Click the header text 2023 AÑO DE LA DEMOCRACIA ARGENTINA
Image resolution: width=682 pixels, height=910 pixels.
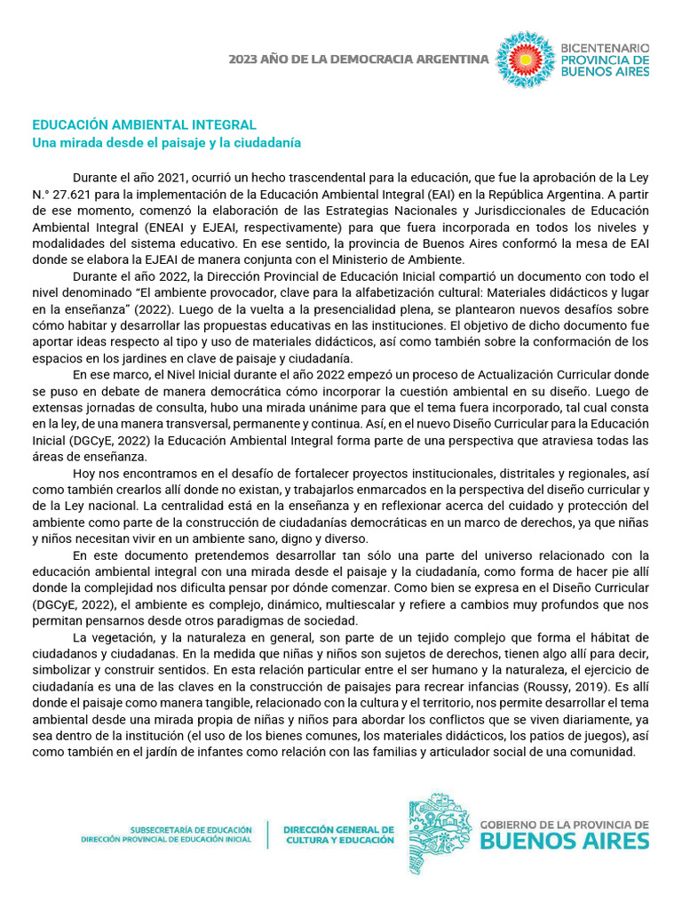click(x=358, y=60)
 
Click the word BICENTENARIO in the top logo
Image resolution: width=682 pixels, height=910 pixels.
click(x=604, y=46)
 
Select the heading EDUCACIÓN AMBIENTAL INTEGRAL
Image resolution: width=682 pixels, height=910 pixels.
click(x=145, y=125)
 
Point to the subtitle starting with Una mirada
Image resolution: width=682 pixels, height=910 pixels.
click(x=167, y=142)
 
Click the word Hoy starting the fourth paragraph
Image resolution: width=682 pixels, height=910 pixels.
click(x=85, y=473)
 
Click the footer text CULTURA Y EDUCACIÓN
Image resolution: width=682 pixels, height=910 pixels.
click(x=339, y=840)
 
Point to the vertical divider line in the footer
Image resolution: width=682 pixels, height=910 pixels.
click(x=268, y=834)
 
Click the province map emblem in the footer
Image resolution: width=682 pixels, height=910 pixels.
click(x=439, y=834)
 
